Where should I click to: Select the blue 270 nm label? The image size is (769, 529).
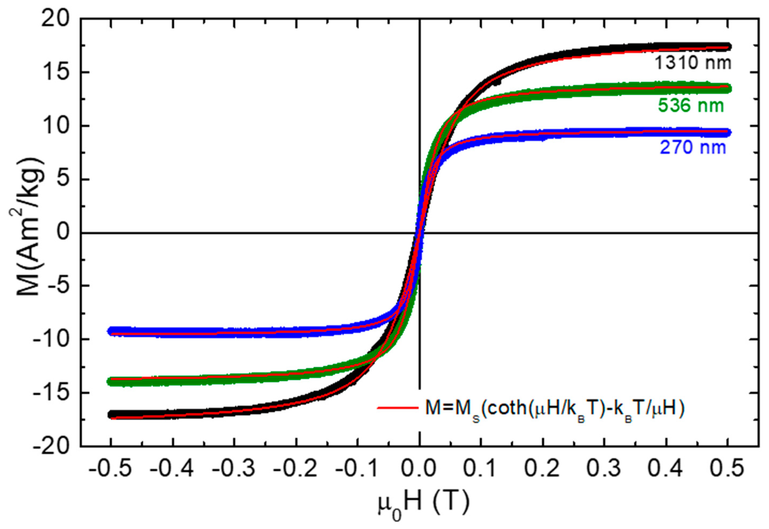tap(693, 147)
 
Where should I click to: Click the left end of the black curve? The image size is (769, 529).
tap(112, 415)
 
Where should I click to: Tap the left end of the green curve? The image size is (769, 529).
tap(112, 382)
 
